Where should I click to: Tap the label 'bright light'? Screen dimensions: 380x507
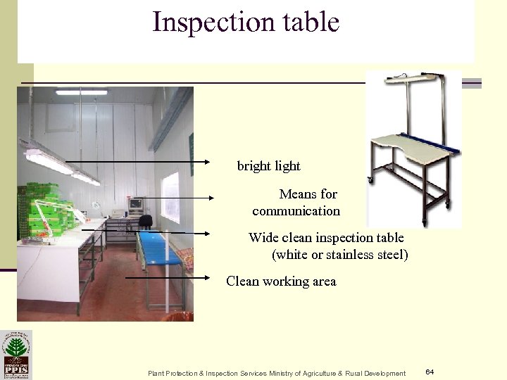click(268, 167)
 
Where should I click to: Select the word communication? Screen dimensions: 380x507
click(296, 211)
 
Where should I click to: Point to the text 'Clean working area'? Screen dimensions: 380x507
click(281, 281)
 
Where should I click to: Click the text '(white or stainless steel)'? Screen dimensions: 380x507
click(340, 254)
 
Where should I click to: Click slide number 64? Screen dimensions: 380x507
click(430, 371)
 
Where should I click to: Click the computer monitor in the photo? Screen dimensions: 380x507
click(134, 205)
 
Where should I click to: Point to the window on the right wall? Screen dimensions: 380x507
click(170, 196)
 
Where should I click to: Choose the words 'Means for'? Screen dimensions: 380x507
click(308, 194)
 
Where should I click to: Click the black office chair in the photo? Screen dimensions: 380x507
click(146, 222)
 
